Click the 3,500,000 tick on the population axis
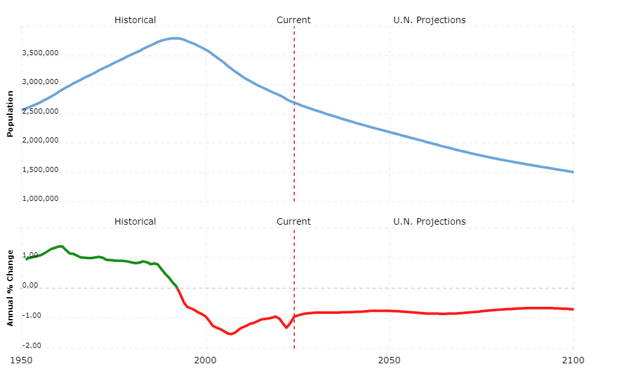coord(41,53)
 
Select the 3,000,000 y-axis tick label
coord(41,83)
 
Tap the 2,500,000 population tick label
coord(41,112)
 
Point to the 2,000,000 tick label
coord(41,141)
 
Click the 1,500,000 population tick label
coord(41,170)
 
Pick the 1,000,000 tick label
coord(41,199)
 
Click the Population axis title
coord(10,114)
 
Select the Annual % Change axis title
coord(10,287)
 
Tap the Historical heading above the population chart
coord(135,20)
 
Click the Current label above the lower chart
coord(294,222)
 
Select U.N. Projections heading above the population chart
coord(429,20)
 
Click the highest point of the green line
coord(61,246)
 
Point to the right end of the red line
coord(573,309)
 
